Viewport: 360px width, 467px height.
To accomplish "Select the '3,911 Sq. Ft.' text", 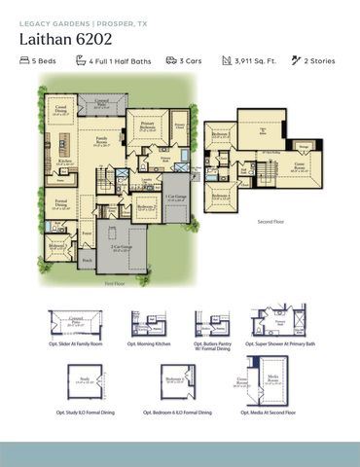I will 255,61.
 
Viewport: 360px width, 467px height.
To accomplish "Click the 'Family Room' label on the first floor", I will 100,142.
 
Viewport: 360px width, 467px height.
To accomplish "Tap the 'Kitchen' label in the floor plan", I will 64,162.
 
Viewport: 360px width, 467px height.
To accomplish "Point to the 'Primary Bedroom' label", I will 147,126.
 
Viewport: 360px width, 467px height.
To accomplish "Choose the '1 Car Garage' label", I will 176,198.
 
